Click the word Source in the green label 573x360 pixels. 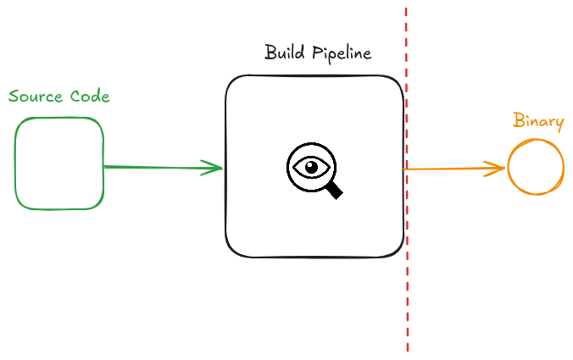point(34,96)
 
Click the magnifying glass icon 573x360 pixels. point(314,169)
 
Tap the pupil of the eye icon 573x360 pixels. point(312,167)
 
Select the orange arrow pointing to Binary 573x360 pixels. point(449,169)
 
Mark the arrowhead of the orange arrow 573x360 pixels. point(499,168)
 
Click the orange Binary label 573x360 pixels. point(538,121)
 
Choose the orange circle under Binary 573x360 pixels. point(536,168)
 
